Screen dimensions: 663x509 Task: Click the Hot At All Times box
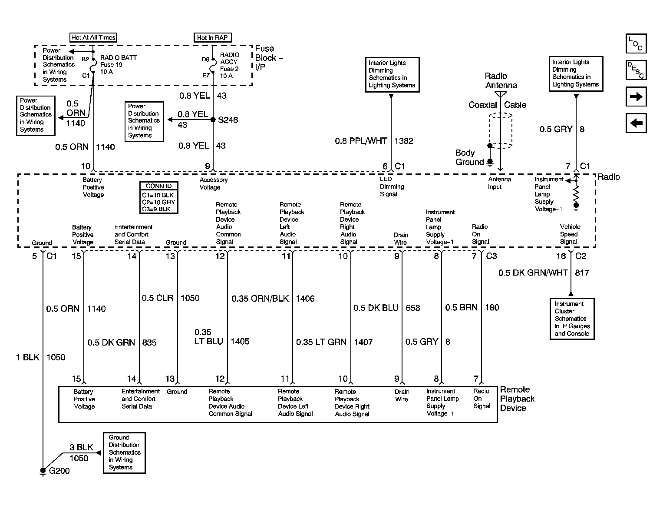tap(93, 37)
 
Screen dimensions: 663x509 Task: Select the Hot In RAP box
tap(213, 37)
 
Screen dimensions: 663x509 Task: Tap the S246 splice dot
tap(213, 120)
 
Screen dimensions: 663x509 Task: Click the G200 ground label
tap(59, 471)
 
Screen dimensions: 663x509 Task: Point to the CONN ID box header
tap(158, 186)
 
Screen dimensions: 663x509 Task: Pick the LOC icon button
tap(636, 43)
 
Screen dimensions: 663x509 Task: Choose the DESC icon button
tap(636, 70)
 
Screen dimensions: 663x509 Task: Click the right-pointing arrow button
tap(636, 97)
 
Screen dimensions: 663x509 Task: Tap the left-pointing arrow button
tap(636, 123)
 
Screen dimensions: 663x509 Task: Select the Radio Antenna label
tap(501, 80)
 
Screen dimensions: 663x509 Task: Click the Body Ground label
tap(469, 157)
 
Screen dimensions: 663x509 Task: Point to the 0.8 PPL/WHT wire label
tap(361, 141)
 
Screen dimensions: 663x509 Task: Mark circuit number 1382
tap(404, 141)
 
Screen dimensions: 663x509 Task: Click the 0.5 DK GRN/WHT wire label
tap(533, 273)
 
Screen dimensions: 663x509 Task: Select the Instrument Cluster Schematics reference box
tap(572, 319)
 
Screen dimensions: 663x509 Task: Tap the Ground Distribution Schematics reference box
tap(124, 453)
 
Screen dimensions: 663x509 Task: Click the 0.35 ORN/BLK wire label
tap(260, 299)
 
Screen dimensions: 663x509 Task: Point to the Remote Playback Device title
tap(517, 399)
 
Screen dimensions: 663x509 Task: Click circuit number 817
tap(582, 273)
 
